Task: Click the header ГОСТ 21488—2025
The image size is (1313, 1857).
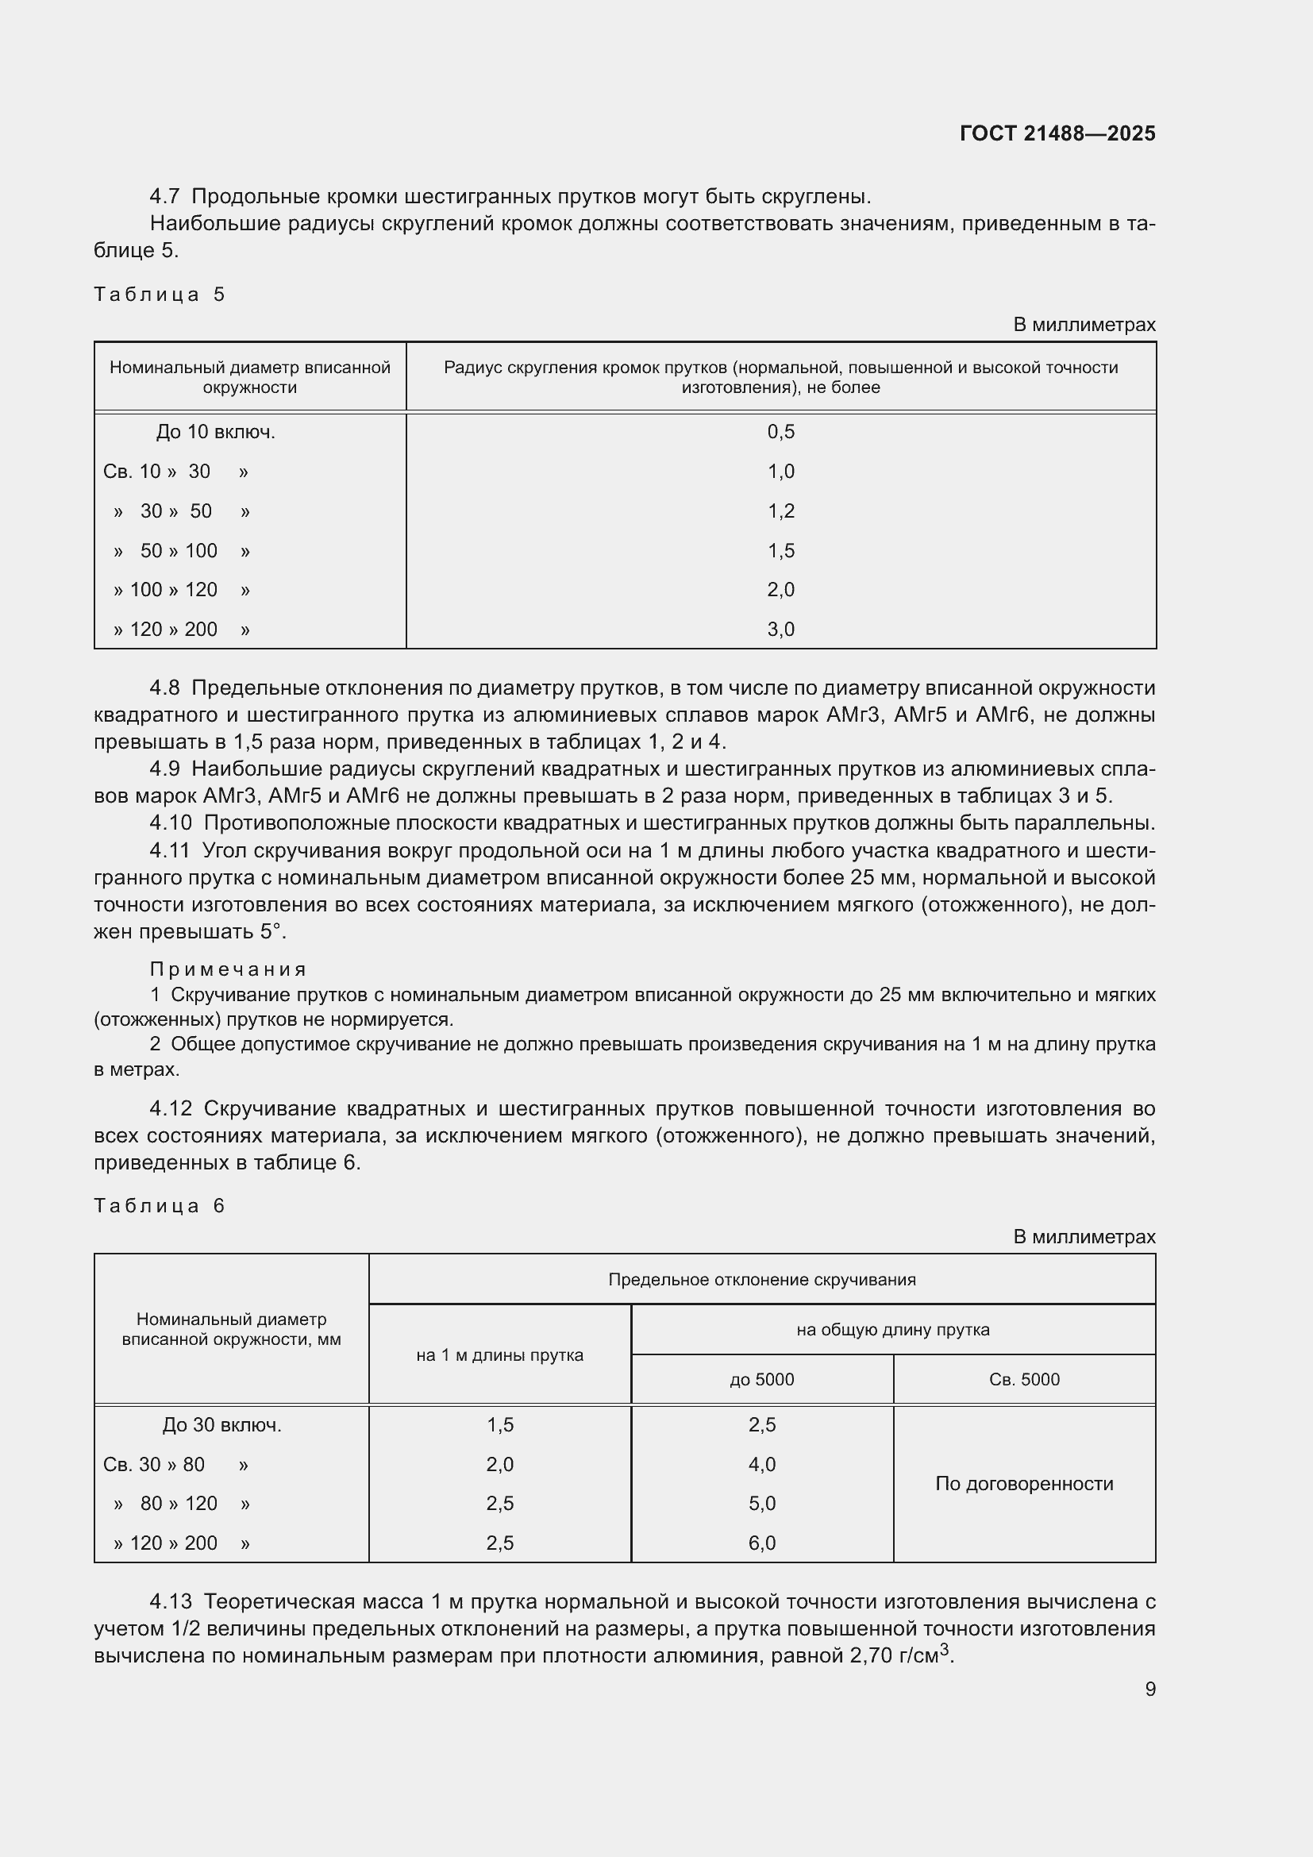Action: click(x=1057, y=133)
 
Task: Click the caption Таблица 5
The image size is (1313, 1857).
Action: click(x=159, y=295)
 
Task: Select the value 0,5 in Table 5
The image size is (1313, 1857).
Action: click(x=780, y=432)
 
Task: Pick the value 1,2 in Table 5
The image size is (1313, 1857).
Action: click(x=780, y=511)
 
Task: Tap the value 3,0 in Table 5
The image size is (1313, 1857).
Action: click(x=780, y=630)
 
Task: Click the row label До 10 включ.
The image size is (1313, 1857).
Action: click(x=215, y=433)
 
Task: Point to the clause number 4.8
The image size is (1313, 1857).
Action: click(x=164, y=688)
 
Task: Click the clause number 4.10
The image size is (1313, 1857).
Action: click(x=170, y=823)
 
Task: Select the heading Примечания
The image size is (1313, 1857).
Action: click(x=228, y=969)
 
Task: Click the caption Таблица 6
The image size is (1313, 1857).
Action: click(x=159, y=1206)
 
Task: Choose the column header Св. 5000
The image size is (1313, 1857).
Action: click(x=1023, y=1379)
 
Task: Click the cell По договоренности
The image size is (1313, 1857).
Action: click(x=1023, y=1483)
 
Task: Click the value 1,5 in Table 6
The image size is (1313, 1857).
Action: click(x=499, y=1425)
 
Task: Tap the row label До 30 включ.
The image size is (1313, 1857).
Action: click(x=221, y=1425)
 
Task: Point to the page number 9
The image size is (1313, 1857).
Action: click(x=1149, y=1689)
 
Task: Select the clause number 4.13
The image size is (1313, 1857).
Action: click(x=170, y=1601)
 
